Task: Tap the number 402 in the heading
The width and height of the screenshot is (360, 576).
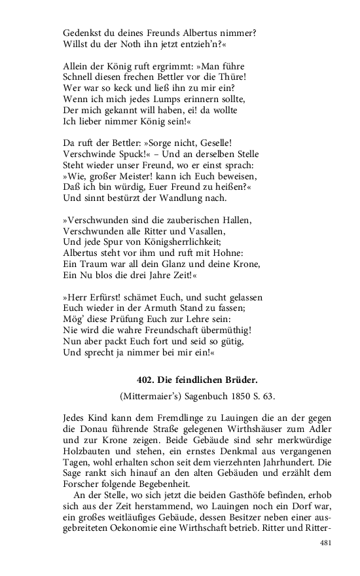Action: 146,379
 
